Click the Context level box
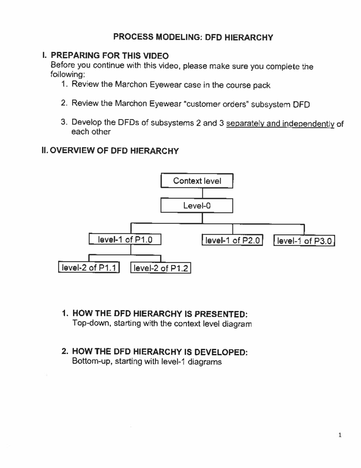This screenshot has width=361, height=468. tap(197, 181)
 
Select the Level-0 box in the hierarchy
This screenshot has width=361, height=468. tap(197, 206)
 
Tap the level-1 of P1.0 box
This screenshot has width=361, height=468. tap(125, 240)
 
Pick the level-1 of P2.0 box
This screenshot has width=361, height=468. tap(232, 240)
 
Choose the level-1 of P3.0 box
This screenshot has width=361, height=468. tap(304, 241)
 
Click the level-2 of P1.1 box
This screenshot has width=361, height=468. tap(89, 268)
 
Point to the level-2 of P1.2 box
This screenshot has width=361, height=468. tap(161, 268)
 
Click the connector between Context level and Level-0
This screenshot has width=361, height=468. tap(202, 193)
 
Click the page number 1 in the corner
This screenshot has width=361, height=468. tap(340, 435)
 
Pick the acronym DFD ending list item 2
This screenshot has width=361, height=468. tap(301, 105)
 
